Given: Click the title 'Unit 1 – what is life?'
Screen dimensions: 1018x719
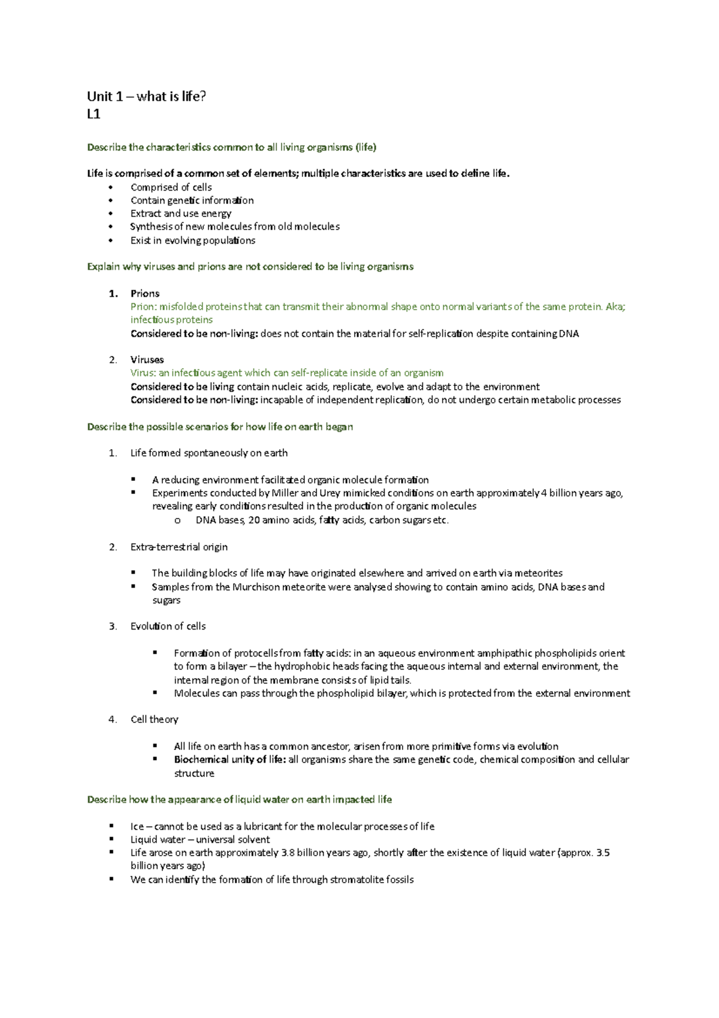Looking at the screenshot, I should pos(146,97).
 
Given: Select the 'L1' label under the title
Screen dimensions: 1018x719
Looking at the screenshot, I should pos(93,114).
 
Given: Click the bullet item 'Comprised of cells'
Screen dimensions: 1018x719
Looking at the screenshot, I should pos(171,187).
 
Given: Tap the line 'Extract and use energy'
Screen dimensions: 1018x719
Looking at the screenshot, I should pos(180,213).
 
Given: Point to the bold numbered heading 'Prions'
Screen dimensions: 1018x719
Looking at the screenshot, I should pos(144,293).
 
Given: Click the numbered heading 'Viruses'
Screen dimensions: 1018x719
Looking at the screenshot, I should pos(147,360).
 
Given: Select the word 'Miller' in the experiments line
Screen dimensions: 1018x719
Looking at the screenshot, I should pos(285,493).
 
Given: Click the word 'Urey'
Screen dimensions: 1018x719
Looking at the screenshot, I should pos(330,493).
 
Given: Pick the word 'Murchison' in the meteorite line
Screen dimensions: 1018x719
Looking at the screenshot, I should pos(256,587).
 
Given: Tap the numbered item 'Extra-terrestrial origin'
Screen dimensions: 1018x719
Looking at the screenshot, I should pos(179,547).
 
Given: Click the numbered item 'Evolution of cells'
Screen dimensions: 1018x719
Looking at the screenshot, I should pos(168,626).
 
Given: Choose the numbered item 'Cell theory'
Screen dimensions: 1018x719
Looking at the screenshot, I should pos(154,719).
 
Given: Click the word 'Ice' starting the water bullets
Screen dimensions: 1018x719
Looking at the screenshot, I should pos(137,826).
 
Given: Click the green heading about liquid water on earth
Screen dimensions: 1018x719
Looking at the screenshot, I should pos(239,799).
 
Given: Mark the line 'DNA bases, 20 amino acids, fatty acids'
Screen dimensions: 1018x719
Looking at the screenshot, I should pos(322,520).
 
